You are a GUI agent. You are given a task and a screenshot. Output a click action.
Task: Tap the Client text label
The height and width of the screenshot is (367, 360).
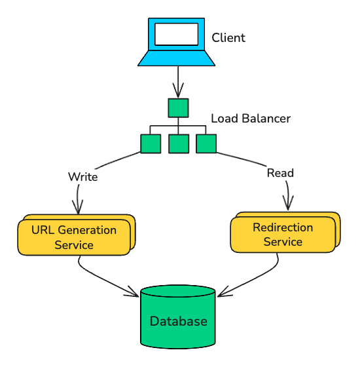pyautogui.click(x=228, y=37)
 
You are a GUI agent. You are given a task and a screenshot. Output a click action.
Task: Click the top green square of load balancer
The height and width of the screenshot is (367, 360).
pyautogui.click(x=178, y=107)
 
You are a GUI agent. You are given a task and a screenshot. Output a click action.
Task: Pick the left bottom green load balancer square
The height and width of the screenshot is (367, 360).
pyautogui.click(x=151, y=144)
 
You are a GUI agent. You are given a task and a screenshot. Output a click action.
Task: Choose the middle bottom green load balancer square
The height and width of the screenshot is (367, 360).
pyautogui.click(x=179, y=144)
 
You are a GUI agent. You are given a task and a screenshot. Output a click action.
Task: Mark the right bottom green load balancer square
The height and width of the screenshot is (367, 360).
pyautogui.click(x=206, y=144)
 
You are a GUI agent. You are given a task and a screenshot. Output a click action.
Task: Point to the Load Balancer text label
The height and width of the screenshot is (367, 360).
pyautogui.click(x=251, y=119)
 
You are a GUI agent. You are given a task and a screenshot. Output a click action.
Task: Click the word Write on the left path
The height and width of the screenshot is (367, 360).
pyautogui.click(x=82, y=176)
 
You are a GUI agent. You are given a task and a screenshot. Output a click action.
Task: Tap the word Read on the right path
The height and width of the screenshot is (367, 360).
pyautogui.click(x=280, y=173)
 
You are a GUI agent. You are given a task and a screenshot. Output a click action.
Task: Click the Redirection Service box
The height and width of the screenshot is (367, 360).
pyautogui.click(x=283, y=234)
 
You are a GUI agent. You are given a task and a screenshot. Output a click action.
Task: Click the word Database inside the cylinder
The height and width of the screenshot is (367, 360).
pyautogui.click(x=178, y=321)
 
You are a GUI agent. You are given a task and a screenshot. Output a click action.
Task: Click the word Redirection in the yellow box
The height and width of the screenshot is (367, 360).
pyautogui.click(x=283, y=227)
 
